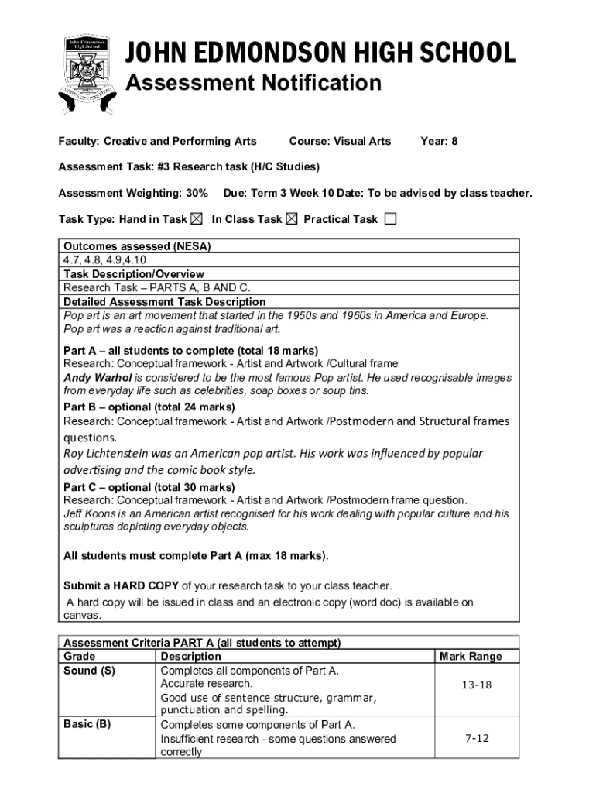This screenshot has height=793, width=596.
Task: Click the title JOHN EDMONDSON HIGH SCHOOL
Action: pos(320,53)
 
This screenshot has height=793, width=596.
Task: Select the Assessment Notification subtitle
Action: pos(254,83)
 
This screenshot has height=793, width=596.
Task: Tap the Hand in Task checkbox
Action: pos(197,219)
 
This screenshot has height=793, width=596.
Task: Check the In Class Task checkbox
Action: pos(291,219)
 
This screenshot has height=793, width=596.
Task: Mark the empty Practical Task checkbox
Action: pos(390,219)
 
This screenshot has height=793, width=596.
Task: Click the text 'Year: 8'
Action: pos(439,141)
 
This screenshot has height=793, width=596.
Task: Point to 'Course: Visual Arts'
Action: pos(340,141)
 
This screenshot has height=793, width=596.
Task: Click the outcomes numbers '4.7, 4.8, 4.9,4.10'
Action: pos(104,260)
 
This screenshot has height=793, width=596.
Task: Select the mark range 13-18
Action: pos(476,685)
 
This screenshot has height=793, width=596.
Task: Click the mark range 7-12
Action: pos(477,738)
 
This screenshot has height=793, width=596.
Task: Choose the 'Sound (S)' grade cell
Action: pos(89,671)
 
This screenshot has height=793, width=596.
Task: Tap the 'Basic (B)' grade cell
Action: pos(87,724)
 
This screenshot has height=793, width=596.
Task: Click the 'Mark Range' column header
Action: pos(471,657)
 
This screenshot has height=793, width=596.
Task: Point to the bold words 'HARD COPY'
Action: pos(146,585)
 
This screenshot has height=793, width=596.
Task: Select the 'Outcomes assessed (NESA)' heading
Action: pos(137,246)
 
